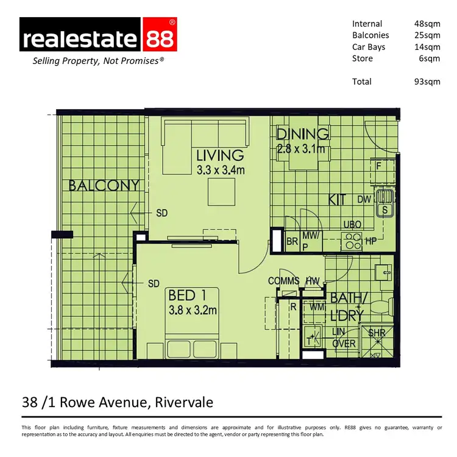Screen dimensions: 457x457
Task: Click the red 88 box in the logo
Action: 160,38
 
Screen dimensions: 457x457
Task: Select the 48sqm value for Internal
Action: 427,24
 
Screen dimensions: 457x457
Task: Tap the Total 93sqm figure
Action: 427,82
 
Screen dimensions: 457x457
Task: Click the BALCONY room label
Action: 104,185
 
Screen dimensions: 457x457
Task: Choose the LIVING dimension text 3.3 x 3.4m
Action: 221,170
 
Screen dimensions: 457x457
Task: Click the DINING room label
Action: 303,133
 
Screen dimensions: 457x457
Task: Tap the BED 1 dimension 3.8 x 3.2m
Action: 193,310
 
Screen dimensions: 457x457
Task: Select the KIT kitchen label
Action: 339,199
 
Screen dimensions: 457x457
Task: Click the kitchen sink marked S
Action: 384,210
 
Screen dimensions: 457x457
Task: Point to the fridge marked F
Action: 378,165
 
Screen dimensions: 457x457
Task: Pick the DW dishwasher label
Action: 364,199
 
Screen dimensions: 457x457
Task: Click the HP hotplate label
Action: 371,241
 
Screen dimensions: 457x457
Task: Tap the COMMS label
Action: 284,281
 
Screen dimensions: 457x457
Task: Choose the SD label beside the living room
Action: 161,213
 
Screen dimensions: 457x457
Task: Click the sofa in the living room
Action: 205,132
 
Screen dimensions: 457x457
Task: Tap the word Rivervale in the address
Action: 183,403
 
